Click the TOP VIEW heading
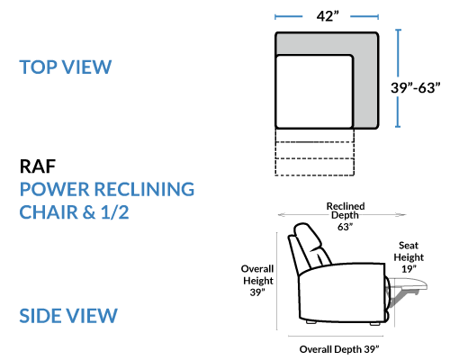click(66, 67)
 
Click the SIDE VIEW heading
click(68, 316)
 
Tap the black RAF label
click(38, 166)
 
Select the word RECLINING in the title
click(145, 189)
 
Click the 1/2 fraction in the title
click(115, 212)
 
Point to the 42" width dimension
click(328, 16)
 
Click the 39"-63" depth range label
click(416, 88)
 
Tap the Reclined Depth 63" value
click(345, 227)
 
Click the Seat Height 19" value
click(409, 269)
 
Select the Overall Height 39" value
click(257, 292)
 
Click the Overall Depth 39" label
click(339, 349)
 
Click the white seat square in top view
click(314, 92)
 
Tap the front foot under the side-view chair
click(375, 323)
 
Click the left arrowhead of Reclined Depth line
click(283, 214)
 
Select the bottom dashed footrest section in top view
click(314, 166)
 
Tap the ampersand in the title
click(89, 212)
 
